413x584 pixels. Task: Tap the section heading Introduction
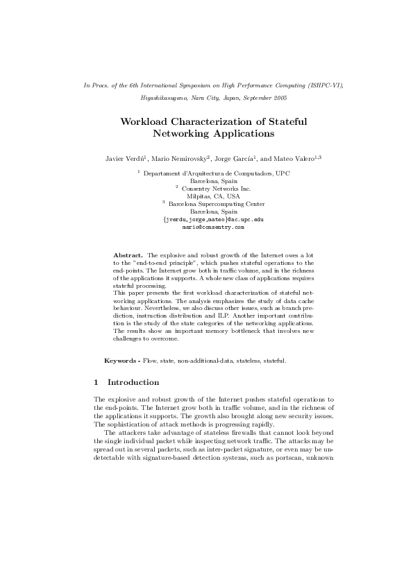point(133,382)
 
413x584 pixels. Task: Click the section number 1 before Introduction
point(96,382)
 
